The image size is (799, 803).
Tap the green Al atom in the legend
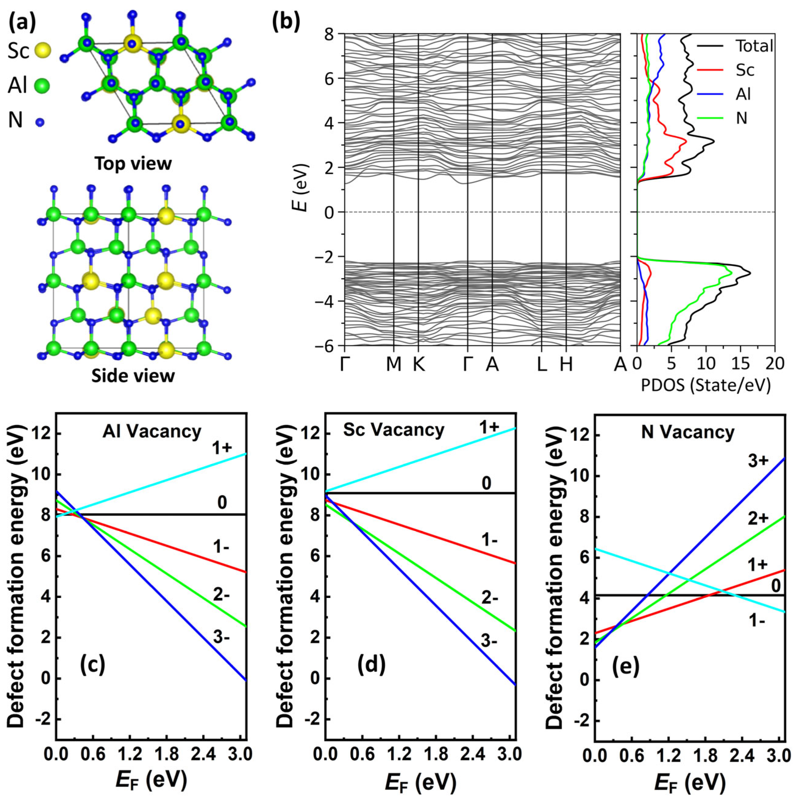pyautogui.click(x=41, y=87)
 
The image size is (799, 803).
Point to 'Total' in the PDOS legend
pyautogui.click(x=753, y=46)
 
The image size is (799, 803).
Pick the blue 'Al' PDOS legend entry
pyautogui.click(x=743, y=94)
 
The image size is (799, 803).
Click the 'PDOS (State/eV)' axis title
pyautogui.click(x=706, y=386)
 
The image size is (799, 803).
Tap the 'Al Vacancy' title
pyautogui.click(x=152, y=432)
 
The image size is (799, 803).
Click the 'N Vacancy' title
pyautogui.click(x=688, y=432)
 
